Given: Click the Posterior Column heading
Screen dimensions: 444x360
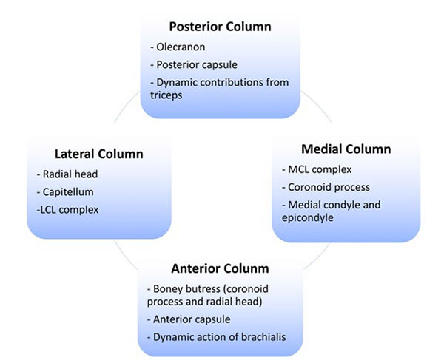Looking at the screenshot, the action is click(220, 27).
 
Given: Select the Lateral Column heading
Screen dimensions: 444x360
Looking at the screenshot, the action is click(99, 154).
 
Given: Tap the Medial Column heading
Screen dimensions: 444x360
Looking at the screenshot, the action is click(346, 149).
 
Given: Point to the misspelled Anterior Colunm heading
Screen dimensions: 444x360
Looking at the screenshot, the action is click(220, 268).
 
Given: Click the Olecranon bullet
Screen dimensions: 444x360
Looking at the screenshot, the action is click(178, 47).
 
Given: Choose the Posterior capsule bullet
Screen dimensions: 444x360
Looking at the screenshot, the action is click(194, 65).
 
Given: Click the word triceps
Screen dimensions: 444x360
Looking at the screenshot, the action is click(166, 95).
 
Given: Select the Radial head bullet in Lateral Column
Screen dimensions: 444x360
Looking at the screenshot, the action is click(67, 174).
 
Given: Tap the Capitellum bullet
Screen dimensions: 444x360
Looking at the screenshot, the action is click(65, 192).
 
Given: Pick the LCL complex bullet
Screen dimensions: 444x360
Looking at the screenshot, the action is click(67, 210).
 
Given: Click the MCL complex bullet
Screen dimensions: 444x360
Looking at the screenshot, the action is click(317, 170).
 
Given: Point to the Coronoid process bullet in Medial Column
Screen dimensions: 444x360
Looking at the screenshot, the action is click(326, 187).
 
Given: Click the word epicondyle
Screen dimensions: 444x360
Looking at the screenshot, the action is click(308, 218).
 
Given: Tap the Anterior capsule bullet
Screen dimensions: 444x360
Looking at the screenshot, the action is click(189, 319).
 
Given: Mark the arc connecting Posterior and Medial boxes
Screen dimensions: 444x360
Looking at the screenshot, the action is click(317, 105).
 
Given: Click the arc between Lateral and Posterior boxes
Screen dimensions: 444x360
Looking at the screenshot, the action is click(124, 106).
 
